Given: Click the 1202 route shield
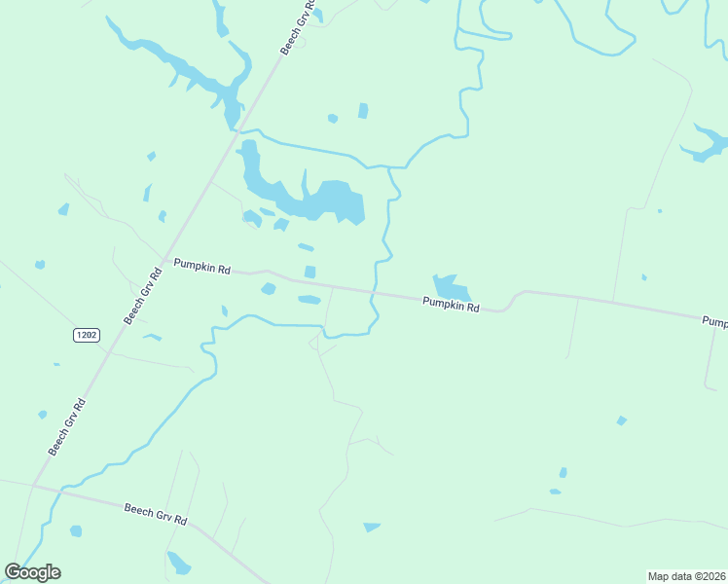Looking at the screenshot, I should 86,335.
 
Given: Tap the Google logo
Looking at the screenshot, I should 33,572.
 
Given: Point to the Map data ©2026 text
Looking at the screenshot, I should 686,575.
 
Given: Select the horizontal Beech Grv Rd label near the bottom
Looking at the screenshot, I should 156,514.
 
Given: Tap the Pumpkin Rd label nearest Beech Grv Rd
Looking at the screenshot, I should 201,265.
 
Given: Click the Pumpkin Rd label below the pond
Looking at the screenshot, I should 452,306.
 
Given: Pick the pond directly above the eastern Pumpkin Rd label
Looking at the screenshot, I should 451,287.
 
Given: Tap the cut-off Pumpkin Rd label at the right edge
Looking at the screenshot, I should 715,320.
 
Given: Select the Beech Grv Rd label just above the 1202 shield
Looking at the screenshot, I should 142,292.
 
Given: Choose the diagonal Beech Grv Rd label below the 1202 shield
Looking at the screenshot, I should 68,426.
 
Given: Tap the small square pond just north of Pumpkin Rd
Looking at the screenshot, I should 310,272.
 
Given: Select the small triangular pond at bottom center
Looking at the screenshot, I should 371,528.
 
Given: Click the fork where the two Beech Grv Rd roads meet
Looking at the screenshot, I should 33,484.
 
